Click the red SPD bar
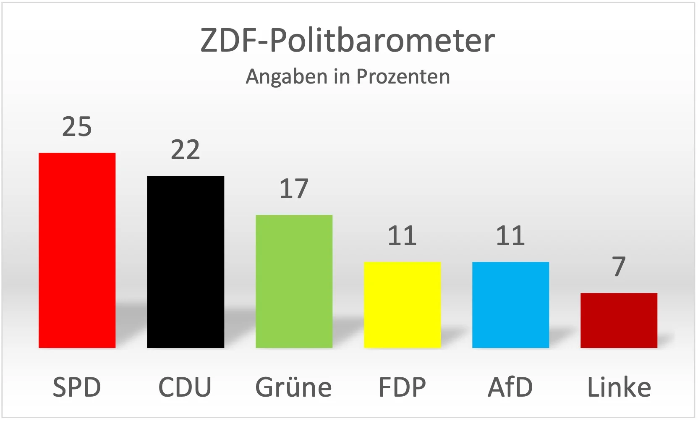coord(77,250)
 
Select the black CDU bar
coord(185,261)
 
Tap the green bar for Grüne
coord(294,281)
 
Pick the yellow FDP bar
coord(402,305)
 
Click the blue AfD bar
coord(510,305)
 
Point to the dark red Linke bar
coord(619,320)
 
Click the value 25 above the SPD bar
coord(77,126)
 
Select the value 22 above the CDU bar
coord(185,150)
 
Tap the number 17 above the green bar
coord(294,189)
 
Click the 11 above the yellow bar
coord(402,236)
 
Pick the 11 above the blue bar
coord(510,236)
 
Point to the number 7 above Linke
coord(619,267)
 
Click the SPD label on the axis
coord(77,387)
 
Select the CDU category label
coord(185,387)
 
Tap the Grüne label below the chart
coord(294,387)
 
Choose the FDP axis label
coord(402,387)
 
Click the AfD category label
coord(510,387)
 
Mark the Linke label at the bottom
coord(619,387)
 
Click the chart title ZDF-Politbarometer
coord(348,41)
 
